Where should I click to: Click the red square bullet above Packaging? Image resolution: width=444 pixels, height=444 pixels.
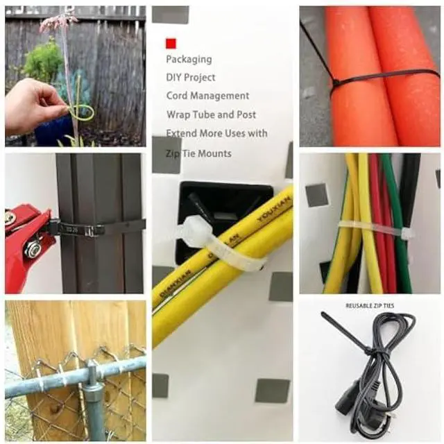tap(171, 43)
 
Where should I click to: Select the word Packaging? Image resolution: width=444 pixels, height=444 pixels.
tap(189, 60)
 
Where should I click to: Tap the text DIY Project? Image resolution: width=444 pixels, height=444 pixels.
tap(191, 78)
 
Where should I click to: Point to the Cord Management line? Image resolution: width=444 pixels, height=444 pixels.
tap(207, 96)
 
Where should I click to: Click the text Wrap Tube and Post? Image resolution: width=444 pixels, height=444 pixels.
tap(211, 114)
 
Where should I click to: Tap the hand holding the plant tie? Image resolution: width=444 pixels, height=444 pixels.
tap(31, 104)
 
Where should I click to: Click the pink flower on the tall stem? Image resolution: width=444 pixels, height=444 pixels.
tap(59, 21)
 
